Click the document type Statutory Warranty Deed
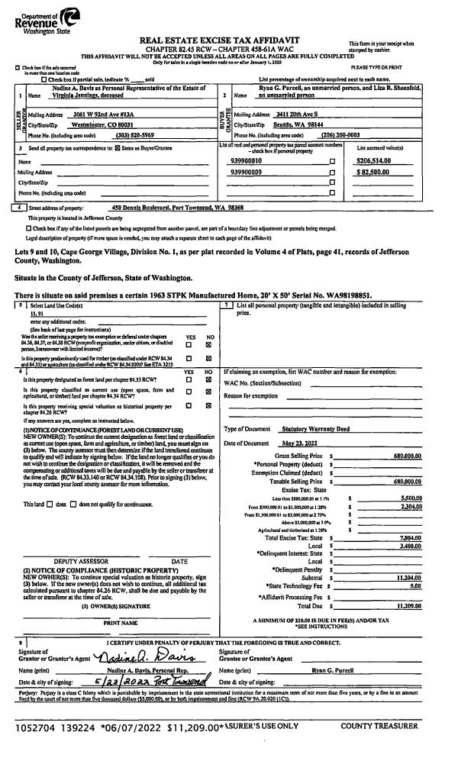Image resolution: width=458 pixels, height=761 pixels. (315, 430)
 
